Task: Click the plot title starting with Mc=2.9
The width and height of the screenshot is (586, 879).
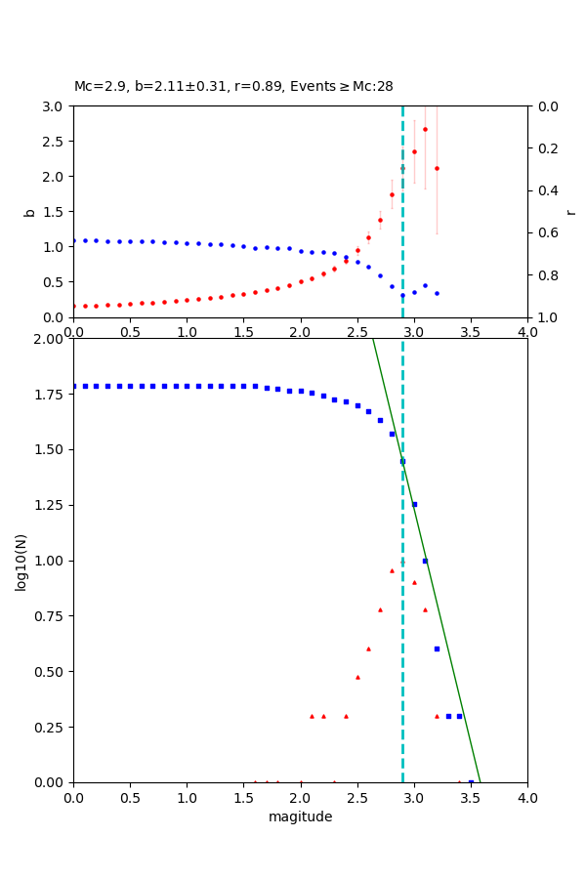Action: click(x=233, y=87)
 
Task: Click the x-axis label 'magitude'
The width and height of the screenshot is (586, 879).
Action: click(x=300, y=817)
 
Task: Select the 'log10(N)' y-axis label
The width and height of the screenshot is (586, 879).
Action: click(x=21, y=561)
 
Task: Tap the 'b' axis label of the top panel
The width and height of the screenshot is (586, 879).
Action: click(x=29, y=212)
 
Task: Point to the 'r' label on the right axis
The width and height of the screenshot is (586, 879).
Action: click(x=571, y=212)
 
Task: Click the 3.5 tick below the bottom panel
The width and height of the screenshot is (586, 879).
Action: click(x=471, y=798)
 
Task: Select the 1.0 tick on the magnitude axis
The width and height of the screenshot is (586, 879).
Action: click(x=187, y=798)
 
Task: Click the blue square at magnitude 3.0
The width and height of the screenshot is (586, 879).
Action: click(x=414, y=504)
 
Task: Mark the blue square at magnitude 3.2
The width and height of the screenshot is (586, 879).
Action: click(x=437, y=649)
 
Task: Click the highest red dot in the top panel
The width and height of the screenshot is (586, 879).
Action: click(x=425, y=129)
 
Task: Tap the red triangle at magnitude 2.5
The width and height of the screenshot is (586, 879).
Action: click(x=357, y=677)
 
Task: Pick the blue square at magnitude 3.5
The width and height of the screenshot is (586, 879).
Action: click(x=471, y=781)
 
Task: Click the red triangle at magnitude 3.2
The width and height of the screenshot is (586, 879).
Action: click(x=437, y=716)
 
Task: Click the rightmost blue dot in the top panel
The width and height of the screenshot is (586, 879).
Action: click(x=437, y=293)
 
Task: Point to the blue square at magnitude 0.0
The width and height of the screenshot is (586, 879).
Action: click(x=74, y=386)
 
